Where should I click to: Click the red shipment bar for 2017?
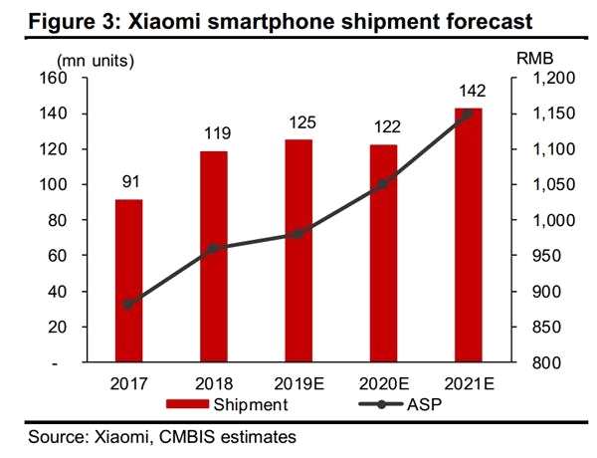[128, 281]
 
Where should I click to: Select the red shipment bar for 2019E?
[298, 251]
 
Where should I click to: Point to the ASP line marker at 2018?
[213, 248]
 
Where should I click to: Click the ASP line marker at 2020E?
[383, 183]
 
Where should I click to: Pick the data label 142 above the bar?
[469, 91]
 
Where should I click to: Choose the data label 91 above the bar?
[128, 182]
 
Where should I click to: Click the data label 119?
[213, 132]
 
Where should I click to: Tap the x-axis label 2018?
[213, 383]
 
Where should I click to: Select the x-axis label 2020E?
[383, 383]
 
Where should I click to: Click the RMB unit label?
[535, 59]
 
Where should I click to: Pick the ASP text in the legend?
[422, 404]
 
